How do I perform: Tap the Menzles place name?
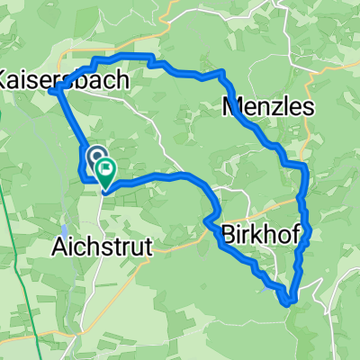coord(267,108)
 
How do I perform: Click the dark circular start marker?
coord(95,158)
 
